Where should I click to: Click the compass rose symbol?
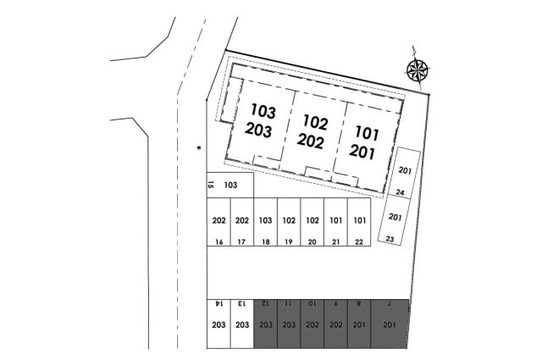tap(418, 69)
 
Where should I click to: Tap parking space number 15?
tap(230, 185)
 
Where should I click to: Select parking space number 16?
tap(218, 222)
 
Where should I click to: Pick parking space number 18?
tap(265, 222)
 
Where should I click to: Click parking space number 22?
tap(359, 222)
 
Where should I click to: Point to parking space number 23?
tap(394, 220)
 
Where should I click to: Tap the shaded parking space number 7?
tap(390, 324)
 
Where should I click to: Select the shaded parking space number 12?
tap(265, 324)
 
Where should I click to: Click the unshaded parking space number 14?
tap(218, 324)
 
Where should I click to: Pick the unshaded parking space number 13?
tap(242, 324)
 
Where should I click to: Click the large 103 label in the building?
tap(263, 111)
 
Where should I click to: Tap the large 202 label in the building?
tap(311, 141)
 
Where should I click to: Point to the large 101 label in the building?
tap(367, 134)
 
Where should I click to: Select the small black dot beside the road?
tap(198, 148)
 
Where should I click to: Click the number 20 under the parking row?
tap(312, 242)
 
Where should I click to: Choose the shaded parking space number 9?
tap(335, 324)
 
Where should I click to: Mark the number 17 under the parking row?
tap(241, 242)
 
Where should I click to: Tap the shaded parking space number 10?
tap(312, 324)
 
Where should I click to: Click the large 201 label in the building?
tap(362, 152)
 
